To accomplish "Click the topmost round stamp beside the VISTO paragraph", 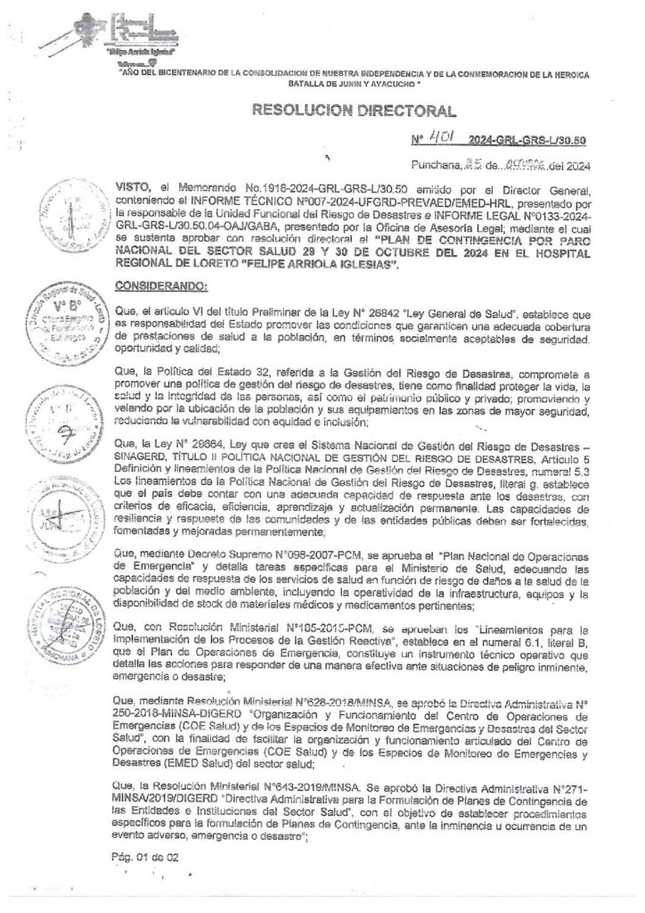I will pyautogui.click(x=61, y=210).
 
